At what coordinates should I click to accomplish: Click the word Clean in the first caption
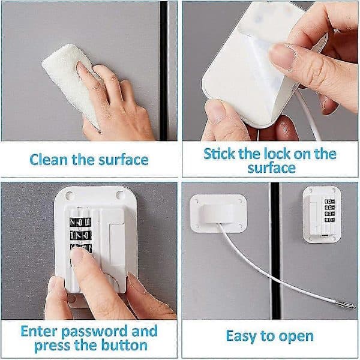click(x=49, y=160)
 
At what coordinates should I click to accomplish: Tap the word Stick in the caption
click(x=219, y=154)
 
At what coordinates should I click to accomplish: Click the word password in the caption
click(x=95, y=331)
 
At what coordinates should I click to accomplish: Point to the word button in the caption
click(x=124, y=346)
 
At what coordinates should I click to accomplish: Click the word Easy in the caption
click(x=241, y=337)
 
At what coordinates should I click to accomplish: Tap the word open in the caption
click(x=296, y=337)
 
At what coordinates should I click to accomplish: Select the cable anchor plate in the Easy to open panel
click(x=218, y=213)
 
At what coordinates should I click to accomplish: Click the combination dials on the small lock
click(x=329, y=211)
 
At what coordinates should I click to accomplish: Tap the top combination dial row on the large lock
click(x=80, y=222)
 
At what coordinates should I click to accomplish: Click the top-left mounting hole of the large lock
click(x=69, y=196)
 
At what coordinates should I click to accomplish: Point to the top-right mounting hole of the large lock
click(x=119, y=194)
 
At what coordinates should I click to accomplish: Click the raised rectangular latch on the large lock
click(x=117, y=244)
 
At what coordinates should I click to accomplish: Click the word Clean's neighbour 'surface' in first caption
click(x=124, y=160)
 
